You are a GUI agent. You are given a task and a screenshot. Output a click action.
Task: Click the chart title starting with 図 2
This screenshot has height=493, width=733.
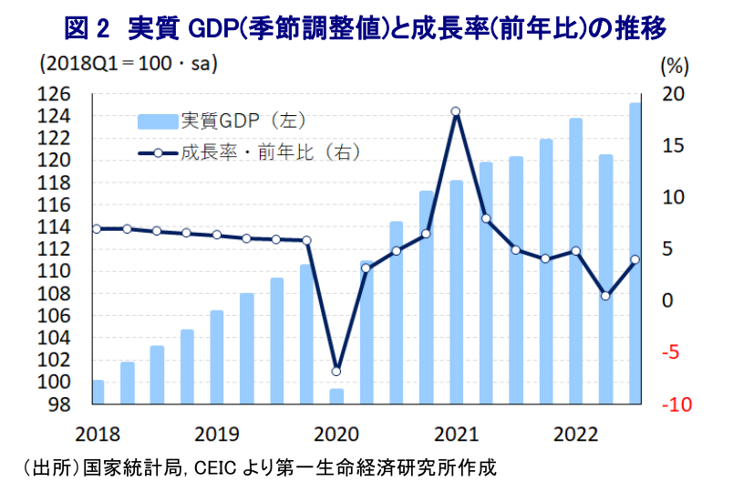tap(366, 28)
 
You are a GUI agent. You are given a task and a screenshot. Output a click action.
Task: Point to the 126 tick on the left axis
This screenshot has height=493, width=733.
tap(57, 94)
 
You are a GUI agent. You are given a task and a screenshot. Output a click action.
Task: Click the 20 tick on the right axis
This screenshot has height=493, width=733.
tap(673, 94)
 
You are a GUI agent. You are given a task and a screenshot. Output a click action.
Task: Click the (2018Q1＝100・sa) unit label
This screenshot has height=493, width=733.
tap(128, 65)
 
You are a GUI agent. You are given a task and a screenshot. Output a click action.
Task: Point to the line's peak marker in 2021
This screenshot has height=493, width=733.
tap(456, 111)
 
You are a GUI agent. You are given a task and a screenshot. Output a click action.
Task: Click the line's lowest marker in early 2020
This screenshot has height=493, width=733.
tap(336, 372)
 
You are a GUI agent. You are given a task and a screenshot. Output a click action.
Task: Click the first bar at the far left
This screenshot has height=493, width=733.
tap(98, 392)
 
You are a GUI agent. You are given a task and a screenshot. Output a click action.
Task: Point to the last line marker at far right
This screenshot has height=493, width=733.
tap(635, 259)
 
